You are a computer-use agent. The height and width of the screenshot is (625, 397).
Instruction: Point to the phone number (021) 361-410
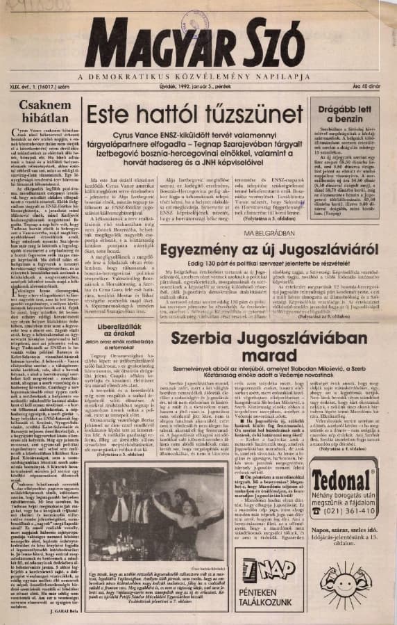coord(351,510)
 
